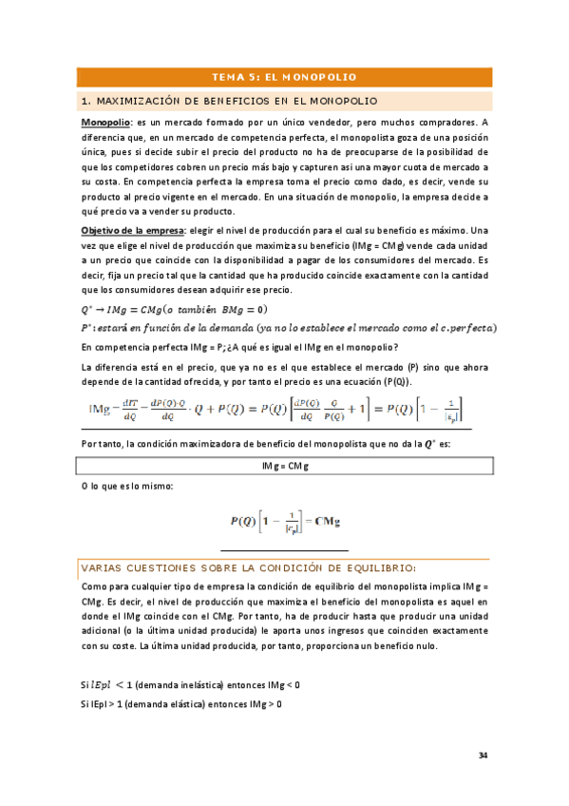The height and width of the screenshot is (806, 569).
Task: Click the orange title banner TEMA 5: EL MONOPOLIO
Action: coord(284,76)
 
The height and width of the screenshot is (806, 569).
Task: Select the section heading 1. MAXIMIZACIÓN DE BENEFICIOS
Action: coord(230,100)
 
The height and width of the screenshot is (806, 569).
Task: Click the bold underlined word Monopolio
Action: coord(104,123)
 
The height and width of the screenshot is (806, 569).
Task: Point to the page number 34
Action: coord(483,756)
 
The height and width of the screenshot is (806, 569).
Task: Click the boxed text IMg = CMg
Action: coord(284,466)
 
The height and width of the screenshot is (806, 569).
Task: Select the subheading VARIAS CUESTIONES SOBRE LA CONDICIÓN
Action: coord(247,567)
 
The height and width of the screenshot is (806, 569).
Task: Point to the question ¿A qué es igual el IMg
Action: coord(294,346)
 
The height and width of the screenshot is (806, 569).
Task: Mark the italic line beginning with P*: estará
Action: coord(285,328)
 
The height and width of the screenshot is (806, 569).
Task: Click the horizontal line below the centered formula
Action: coord(284,550)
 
